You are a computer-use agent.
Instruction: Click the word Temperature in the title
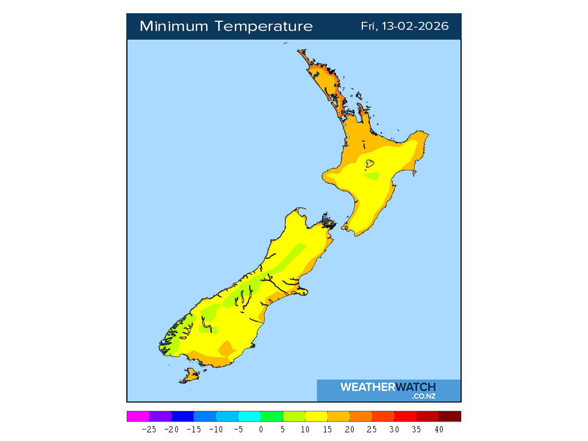265,26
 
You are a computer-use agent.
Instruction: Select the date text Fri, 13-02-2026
404,26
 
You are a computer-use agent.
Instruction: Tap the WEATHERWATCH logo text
388,387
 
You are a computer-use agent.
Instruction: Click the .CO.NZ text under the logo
424,396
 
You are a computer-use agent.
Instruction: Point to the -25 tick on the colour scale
149,429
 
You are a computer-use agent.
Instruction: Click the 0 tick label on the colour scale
261,429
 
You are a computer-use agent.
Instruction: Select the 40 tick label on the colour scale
439,429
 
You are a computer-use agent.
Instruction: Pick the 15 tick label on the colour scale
327,429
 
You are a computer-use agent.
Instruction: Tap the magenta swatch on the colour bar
138,416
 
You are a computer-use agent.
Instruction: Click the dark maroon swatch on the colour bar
450,416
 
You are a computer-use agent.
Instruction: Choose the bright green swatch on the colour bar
272,416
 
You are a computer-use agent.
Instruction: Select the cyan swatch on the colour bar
249,416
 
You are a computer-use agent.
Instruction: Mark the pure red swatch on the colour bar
405,416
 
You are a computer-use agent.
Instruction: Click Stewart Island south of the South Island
190,376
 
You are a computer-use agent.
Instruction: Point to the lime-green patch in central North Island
372,176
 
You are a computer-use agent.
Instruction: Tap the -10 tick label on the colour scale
216,429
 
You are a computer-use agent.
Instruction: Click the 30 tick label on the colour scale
394,429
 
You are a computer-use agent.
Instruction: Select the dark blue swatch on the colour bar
183,416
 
